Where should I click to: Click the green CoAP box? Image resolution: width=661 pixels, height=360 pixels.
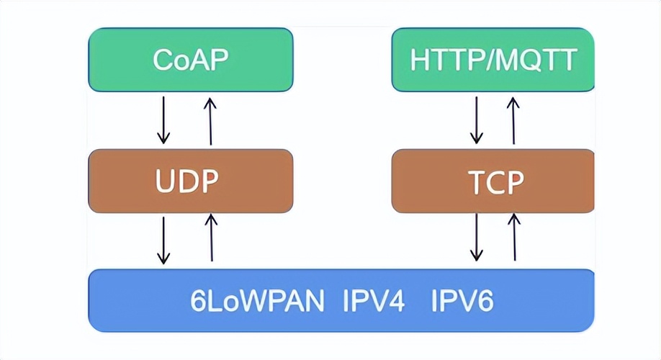tap(190, 60)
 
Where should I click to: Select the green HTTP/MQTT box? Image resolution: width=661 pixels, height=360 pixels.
tap(493, 60)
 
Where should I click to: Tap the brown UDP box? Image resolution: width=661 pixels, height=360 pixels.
tap(190, 181)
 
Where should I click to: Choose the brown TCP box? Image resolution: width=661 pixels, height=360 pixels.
tap(493, 181)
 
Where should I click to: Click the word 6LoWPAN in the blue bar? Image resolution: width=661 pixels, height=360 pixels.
tap(257, 300)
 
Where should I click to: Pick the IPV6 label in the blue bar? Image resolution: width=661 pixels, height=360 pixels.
tap(462, 300)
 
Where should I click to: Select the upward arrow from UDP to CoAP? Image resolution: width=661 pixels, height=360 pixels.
tap(210, 120)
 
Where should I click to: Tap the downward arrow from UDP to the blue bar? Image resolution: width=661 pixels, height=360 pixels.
tap(164, 239)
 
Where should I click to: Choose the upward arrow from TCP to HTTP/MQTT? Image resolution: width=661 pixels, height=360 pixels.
tap(513, 120)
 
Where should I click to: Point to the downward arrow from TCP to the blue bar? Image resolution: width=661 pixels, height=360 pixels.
tap(476, 237)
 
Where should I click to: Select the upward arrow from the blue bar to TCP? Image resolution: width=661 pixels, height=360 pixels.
tap(514, 238)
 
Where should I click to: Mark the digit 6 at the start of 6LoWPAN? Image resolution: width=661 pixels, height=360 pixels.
tap(197, 300)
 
